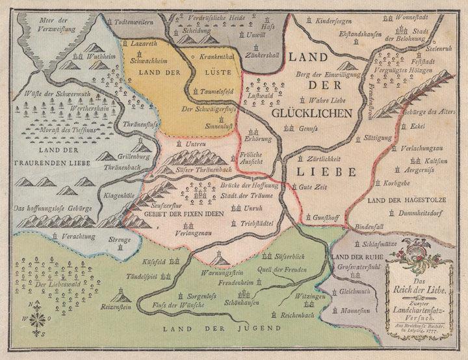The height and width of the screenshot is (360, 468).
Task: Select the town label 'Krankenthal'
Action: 216,57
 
